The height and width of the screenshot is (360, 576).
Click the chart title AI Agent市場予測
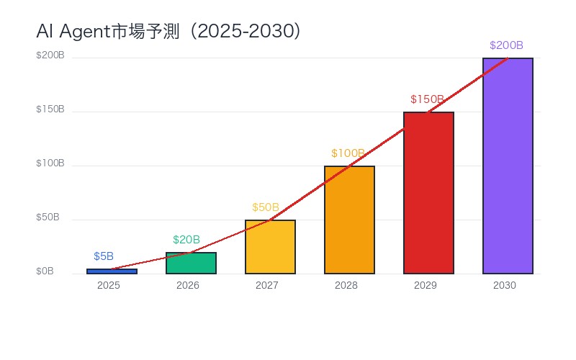168,32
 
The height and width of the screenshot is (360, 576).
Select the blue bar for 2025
112,271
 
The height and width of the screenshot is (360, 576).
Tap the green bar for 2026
191,264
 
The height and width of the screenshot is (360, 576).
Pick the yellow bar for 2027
270,247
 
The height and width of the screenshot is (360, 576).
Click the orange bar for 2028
349,220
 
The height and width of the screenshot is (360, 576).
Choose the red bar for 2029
428,193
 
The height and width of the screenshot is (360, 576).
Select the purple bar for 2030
508,166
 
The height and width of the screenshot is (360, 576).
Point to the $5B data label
104,256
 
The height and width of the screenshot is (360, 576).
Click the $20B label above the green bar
186,240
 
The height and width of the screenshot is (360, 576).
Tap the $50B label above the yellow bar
266,207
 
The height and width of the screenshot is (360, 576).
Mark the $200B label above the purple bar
506,45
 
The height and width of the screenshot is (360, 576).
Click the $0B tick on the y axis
45,271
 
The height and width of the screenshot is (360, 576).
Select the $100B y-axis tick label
50,163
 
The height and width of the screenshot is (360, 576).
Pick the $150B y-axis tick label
50,109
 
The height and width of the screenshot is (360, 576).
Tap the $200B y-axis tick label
50,55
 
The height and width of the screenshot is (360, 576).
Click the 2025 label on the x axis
108,286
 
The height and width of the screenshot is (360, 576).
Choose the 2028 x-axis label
346,286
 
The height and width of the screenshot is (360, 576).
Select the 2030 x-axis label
504,286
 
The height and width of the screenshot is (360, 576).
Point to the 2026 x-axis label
187,286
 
